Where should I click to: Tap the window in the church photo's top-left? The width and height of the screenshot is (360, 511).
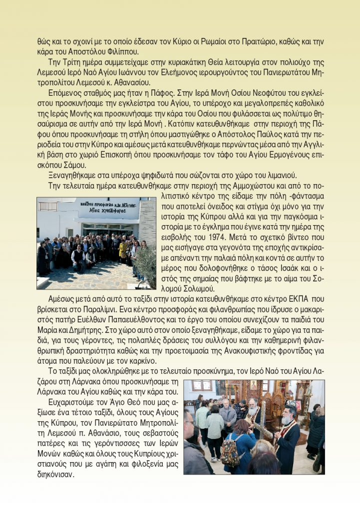pyautogui.click(x=202, y=386)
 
